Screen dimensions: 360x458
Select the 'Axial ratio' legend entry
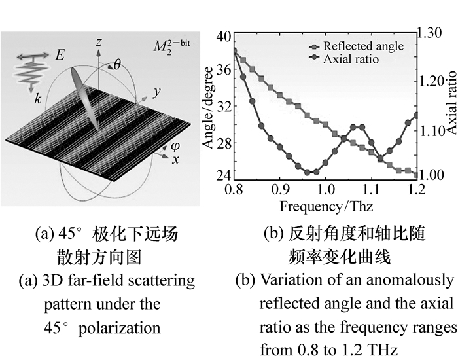coord(352,59)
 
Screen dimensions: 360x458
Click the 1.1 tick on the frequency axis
coord(371,190)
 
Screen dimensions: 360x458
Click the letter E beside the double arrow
coord(60,57)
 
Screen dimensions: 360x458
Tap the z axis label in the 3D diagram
coord(98,42)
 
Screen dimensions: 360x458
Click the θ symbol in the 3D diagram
coord(118,64)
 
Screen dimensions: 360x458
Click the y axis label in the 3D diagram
coord(156,92)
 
